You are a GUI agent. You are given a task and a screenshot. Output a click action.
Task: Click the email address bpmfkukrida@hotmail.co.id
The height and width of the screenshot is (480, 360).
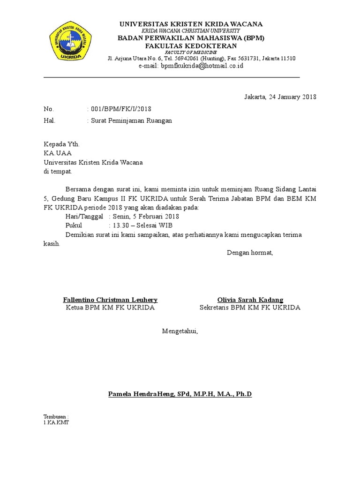click(191, 66)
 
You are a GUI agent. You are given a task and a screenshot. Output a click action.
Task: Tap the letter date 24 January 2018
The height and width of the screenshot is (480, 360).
click(280, 97)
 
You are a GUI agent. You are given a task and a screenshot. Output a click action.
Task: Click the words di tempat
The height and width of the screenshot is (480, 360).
click(58, 171)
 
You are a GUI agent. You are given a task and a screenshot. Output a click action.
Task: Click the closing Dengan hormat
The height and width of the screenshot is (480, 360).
click(249, 253)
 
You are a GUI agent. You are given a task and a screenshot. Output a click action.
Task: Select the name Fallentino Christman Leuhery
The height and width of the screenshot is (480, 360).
click(111, 300)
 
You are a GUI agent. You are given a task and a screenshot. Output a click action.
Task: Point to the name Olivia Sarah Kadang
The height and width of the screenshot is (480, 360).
click(250, 300)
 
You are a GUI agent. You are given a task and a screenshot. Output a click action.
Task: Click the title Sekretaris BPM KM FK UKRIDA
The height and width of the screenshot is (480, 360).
click(250, 307)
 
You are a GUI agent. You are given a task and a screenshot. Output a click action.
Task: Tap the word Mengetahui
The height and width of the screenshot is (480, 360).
click(180, 331)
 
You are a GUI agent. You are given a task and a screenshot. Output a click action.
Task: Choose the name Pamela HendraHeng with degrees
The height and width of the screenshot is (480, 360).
click(180, 394)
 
